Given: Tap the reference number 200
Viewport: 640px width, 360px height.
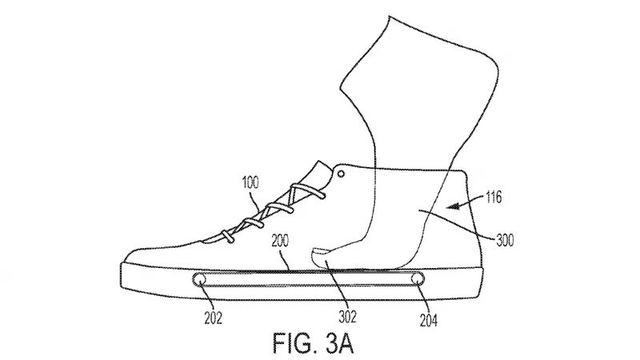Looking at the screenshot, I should pos(281,239).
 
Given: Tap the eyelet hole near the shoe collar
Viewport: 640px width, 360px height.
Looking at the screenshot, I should pos(342,172).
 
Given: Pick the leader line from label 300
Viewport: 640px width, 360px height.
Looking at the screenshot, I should pos(464,223).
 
